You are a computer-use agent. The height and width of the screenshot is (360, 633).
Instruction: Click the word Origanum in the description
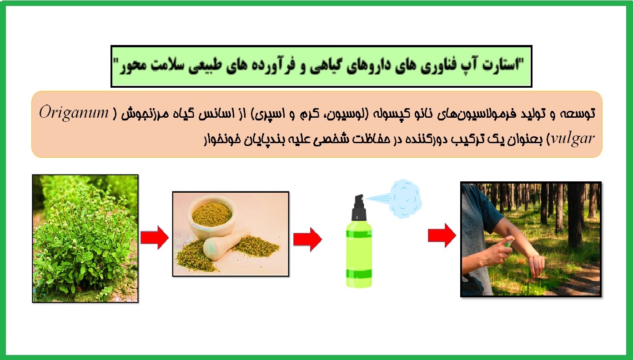(74, 113)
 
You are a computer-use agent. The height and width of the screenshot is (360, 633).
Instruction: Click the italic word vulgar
(573, 139)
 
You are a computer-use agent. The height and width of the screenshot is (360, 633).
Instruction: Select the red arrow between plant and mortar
(155, 237)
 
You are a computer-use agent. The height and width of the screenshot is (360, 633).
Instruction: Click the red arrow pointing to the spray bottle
(307, 239)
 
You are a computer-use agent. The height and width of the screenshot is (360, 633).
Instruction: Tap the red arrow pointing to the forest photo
(442, 235)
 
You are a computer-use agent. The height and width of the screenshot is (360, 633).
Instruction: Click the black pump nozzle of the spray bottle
(359, 207)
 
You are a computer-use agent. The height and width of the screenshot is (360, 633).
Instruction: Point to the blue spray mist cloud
(405, 199)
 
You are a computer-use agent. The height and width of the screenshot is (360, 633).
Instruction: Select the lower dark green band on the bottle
(359, 274)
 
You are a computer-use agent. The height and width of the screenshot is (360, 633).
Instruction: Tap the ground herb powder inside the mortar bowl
(211, 214)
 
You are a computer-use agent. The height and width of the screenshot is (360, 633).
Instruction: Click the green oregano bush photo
(85, 239)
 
